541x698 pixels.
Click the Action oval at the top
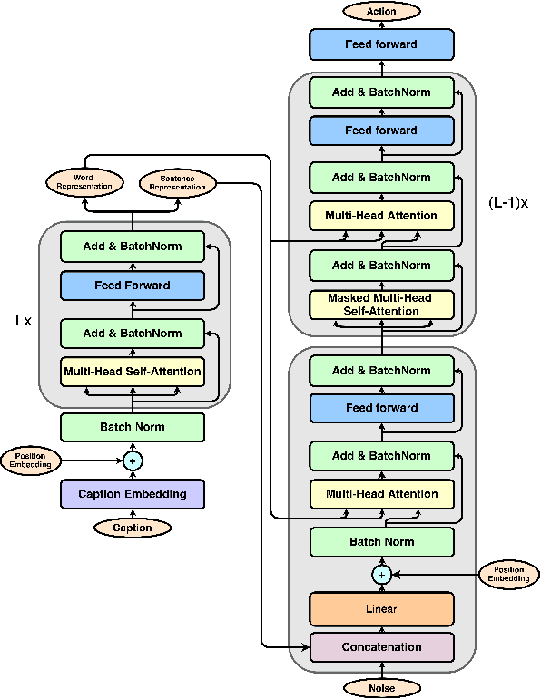382,11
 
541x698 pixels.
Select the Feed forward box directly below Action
382,44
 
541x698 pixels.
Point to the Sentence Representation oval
178,182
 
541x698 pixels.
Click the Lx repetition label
23,320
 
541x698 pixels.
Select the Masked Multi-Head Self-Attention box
382,305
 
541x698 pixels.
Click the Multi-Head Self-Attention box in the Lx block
133,371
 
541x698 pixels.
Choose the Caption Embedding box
133,494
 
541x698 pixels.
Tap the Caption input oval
133,528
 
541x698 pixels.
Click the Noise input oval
382,689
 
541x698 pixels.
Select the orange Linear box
382,608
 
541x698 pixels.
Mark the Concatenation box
382,647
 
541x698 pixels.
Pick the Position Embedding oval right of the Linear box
509,575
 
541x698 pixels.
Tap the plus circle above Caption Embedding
133,460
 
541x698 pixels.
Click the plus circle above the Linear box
382,575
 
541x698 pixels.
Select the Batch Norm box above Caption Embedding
133,427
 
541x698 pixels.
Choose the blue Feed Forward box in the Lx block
133,286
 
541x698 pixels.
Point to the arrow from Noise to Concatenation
382,672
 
